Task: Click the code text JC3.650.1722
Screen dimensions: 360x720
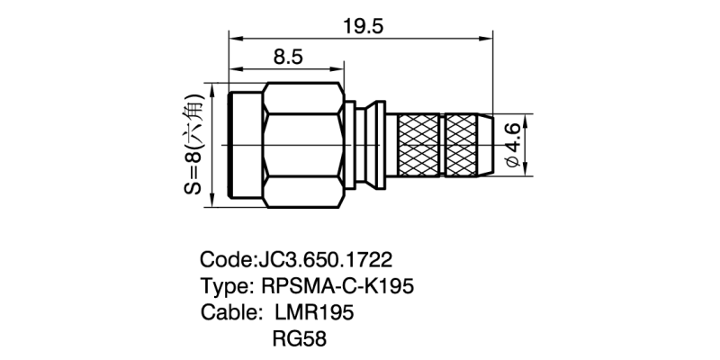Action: coord(325,260)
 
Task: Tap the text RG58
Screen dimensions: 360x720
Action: coord(298,339)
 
